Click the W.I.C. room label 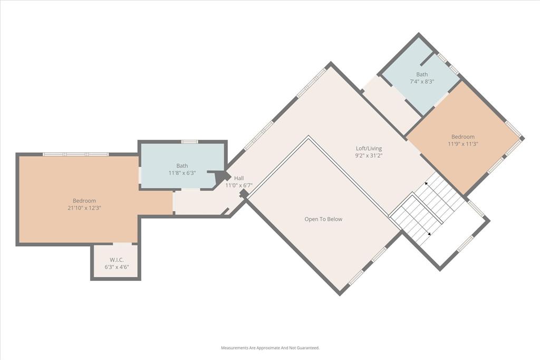(x=117, y=259)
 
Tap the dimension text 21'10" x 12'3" (x=84, y=208)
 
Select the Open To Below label (x=323, y=219)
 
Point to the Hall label (x=239, y=178)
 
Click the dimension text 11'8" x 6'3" (x=182, y=173)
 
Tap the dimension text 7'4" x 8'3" (x=422, y=82)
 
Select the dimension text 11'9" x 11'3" (x=463, y=144)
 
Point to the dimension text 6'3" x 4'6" (x=117, y=267)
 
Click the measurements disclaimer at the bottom (x=270, y=348)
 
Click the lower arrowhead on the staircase (x=429, y=233)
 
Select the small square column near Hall (x=244, y=194)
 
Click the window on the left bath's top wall (x=189, y=141)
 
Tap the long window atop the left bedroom (x=75, y=154)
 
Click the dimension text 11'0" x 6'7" (x=239, y=186)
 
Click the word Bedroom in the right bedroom (x=463, y=137)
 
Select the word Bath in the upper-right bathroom (x=422, y=75)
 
